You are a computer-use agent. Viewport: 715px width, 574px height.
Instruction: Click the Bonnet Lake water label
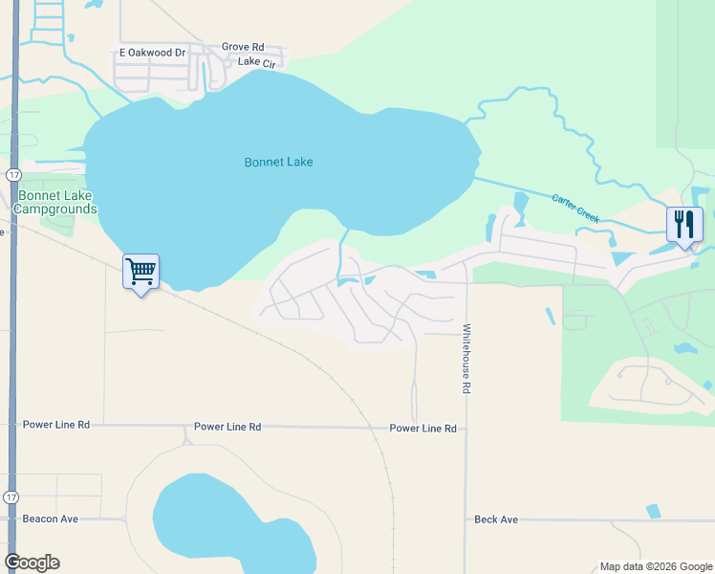point(278,163)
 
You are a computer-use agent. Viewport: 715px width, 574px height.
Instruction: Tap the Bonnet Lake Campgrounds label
point(56,202)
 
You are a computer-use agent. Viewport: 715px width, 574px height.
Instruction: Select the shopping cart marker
point(141,272)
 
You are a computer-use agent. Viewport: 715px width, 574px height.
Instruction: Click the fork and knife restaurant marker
point(684,225)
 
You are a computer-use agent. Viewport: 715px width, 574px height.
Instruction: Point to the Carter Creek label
point(575,208)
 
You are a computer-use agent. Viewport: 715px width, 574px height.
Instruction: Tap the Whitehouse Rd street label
point(467,360)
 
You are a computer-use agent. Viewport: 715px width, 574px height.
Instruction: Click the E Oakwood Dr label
point(152,53)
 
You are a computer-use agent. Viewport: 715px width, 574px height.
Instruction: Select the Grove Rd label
point(243,47)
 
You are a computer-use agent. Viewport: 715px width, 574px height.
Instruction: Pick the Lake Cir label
point(255,61)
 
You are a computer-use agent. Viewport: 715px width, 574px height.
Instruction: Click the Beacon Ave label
point(52,519)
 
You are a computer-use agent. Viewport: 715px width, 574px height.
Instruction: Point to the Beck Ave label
point(496,519)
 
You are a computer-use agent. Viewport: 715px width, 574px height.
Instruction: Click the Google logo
point(32,563)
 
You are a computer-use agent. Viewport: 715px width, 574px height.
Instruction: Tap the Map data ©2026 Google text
point(655,566)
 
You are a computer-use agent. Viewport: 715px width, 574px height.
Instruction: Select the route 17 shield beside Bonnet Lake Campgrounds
point(12,175)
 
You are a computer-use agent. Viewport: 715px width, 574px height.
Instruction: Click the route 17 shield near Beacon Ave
point(11,497)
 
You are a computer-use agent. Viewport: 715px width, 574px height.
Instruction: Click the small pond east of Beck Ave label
point(653,511)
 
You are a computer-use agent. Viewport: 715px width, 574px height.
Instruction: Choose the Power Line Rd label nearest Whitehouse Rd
point(422,429)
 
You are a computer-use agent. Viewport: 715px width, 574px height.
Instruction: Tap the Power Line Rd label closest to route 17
point(56,424)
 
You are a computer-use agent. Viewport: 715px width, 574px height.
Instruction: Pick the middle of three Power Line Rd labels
point(227,427)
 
